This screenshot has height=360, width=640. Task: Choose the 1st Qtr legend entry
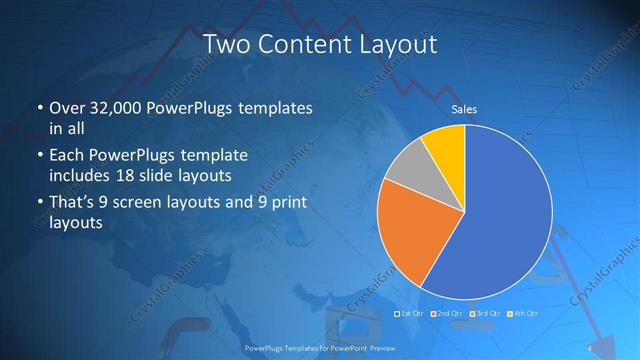tap(410, 314)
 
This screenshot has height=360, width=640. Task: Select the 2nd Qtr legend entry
tap(449, 314)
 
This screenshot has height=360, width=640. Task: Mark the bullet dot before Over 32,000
tap(39, 108)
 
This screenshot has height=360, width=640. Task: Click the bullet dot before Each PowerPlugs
tap(39, 157)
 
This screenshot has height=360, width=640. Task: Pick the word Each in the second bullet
tap(67, 156)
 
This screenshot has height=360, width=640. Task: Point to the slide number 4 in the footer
tap(589, 347)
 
